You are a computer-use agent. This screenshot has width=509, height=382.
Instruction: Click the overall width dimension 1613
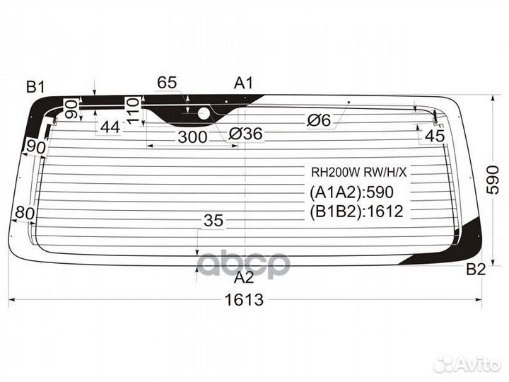click(x=245, y=300)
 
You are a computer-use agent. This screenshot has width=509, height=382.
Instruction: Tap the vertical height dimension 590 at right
click(x=493, y=180)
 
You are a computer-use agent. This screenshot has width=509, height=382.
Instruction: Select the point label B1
click(x=35, y=87)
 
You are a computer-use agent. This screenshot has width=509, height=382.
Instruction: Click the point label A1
click(x=244, y=83)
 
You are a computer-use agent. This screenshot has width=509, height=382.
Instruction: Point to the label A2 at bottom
click(x=244, y=277)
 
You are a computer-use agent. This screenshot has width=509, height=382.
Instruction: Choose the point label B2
click(x=476, y=269)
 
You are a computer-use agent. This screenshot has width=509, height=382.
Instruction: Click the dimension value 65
click(x=167, y=83)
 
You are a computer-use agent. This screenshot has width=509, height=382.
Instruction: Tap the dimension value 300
click(x=192, y=137)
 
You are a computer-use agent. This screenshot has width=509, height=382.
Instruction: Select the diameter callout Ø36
click(x=245, y=133)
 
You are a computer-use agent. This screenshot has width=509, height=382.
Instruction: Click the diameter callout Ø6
click(x=318, y=121)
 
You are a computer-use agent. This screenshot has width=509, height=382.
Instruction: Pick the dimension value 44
click(x=110, y=127)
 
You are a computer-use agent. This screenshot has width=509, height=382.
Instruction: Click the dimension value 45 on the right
click(x=435, y=136)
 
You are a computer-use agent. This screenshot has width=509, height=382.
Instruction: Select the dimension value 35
click(x=213, y=221)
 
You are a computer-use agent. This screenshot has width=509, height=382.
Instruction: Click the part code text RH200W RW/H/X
click(x=359, y=171)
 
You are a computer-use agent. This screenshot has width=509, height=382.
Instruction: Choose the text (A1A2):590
click(x=351, y=192)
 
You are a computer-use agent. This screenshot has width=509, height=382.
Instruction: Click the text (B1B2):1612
click(x=356, y=211)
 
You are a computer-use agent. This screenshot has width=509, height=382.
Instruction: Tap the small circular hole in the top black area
click(x=204, y=112)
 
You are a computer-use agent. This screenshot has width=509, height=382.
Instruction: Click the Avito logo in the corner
click(x=467, y=364)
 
